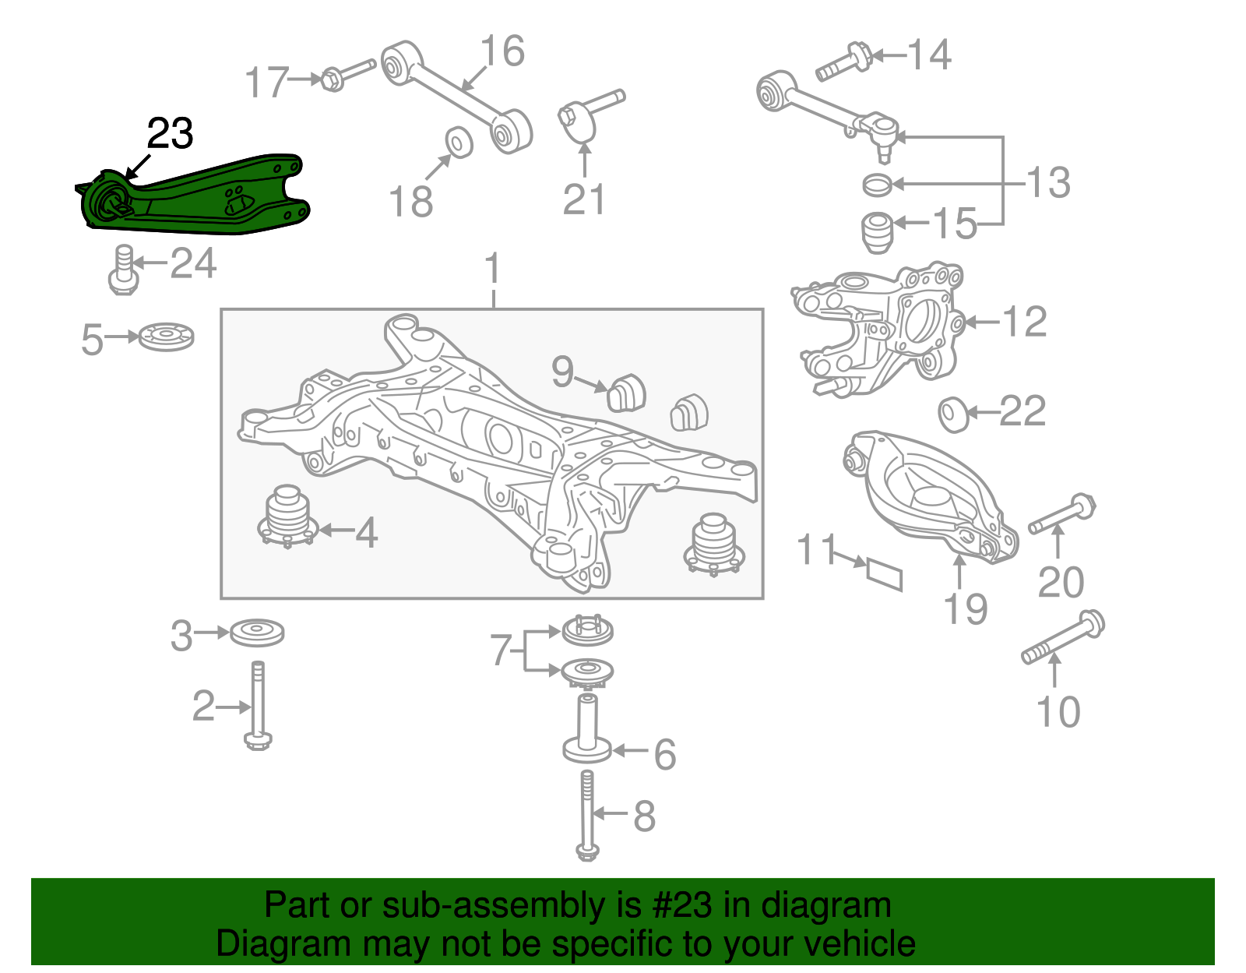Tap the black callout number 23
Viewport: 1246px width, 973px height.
coord(170,134)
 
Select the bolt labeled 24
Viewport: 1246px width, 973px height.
coord(123,270)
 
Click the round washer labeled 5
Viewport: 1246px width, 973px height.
coord(166,337)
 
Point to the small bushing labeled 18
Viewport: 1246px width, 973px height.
coord(459,142)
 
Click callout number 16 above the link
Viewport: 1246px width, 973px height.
coord(502,51)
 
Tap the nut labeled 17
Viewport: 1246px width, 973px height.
coord(331,79)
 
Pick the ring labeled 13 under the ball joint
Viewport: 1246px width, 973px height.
coord(878,185)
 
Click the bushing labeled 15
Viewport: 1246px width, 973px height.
coord(878,232)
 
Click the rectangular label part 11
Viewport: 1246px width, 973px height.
coord(885,573)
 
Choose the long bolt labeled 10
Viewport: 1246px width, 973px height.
coord(1063,639)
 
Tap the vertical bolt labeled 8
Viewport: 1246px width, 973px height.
coord(587,814)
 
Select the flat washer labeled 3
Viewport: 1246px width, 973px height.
coord(257,632)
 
